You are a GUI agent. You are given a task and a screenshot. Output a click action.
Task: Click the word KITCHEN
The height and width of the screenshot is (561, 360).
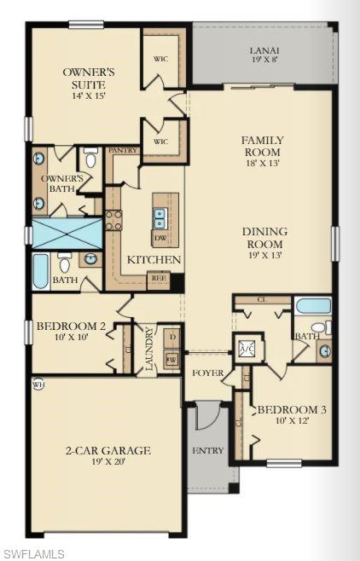pos(154,259)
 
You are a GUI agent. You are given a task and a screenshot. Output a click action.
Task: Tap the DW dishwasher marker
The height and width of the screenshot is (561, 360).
pos(160,239)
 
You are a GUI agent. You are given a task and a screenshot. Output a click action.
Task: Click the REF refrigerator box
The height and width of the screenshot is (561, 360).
pos(158,277)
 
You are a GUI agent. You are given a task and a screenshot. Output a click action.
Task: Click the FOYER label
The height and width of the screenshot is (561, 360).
pos(207,373)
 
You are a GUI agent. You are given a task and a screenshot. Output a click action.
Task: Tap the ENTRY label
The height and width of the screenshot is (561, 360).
pos(207,450)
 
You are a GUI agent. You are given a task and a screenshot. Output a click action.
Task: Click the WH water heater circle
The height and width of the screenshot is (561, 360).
pos(38,384)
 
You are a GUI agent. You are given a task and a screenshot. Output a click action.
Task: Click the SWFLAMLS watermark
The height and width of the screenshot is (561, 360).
pos(33,553)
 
